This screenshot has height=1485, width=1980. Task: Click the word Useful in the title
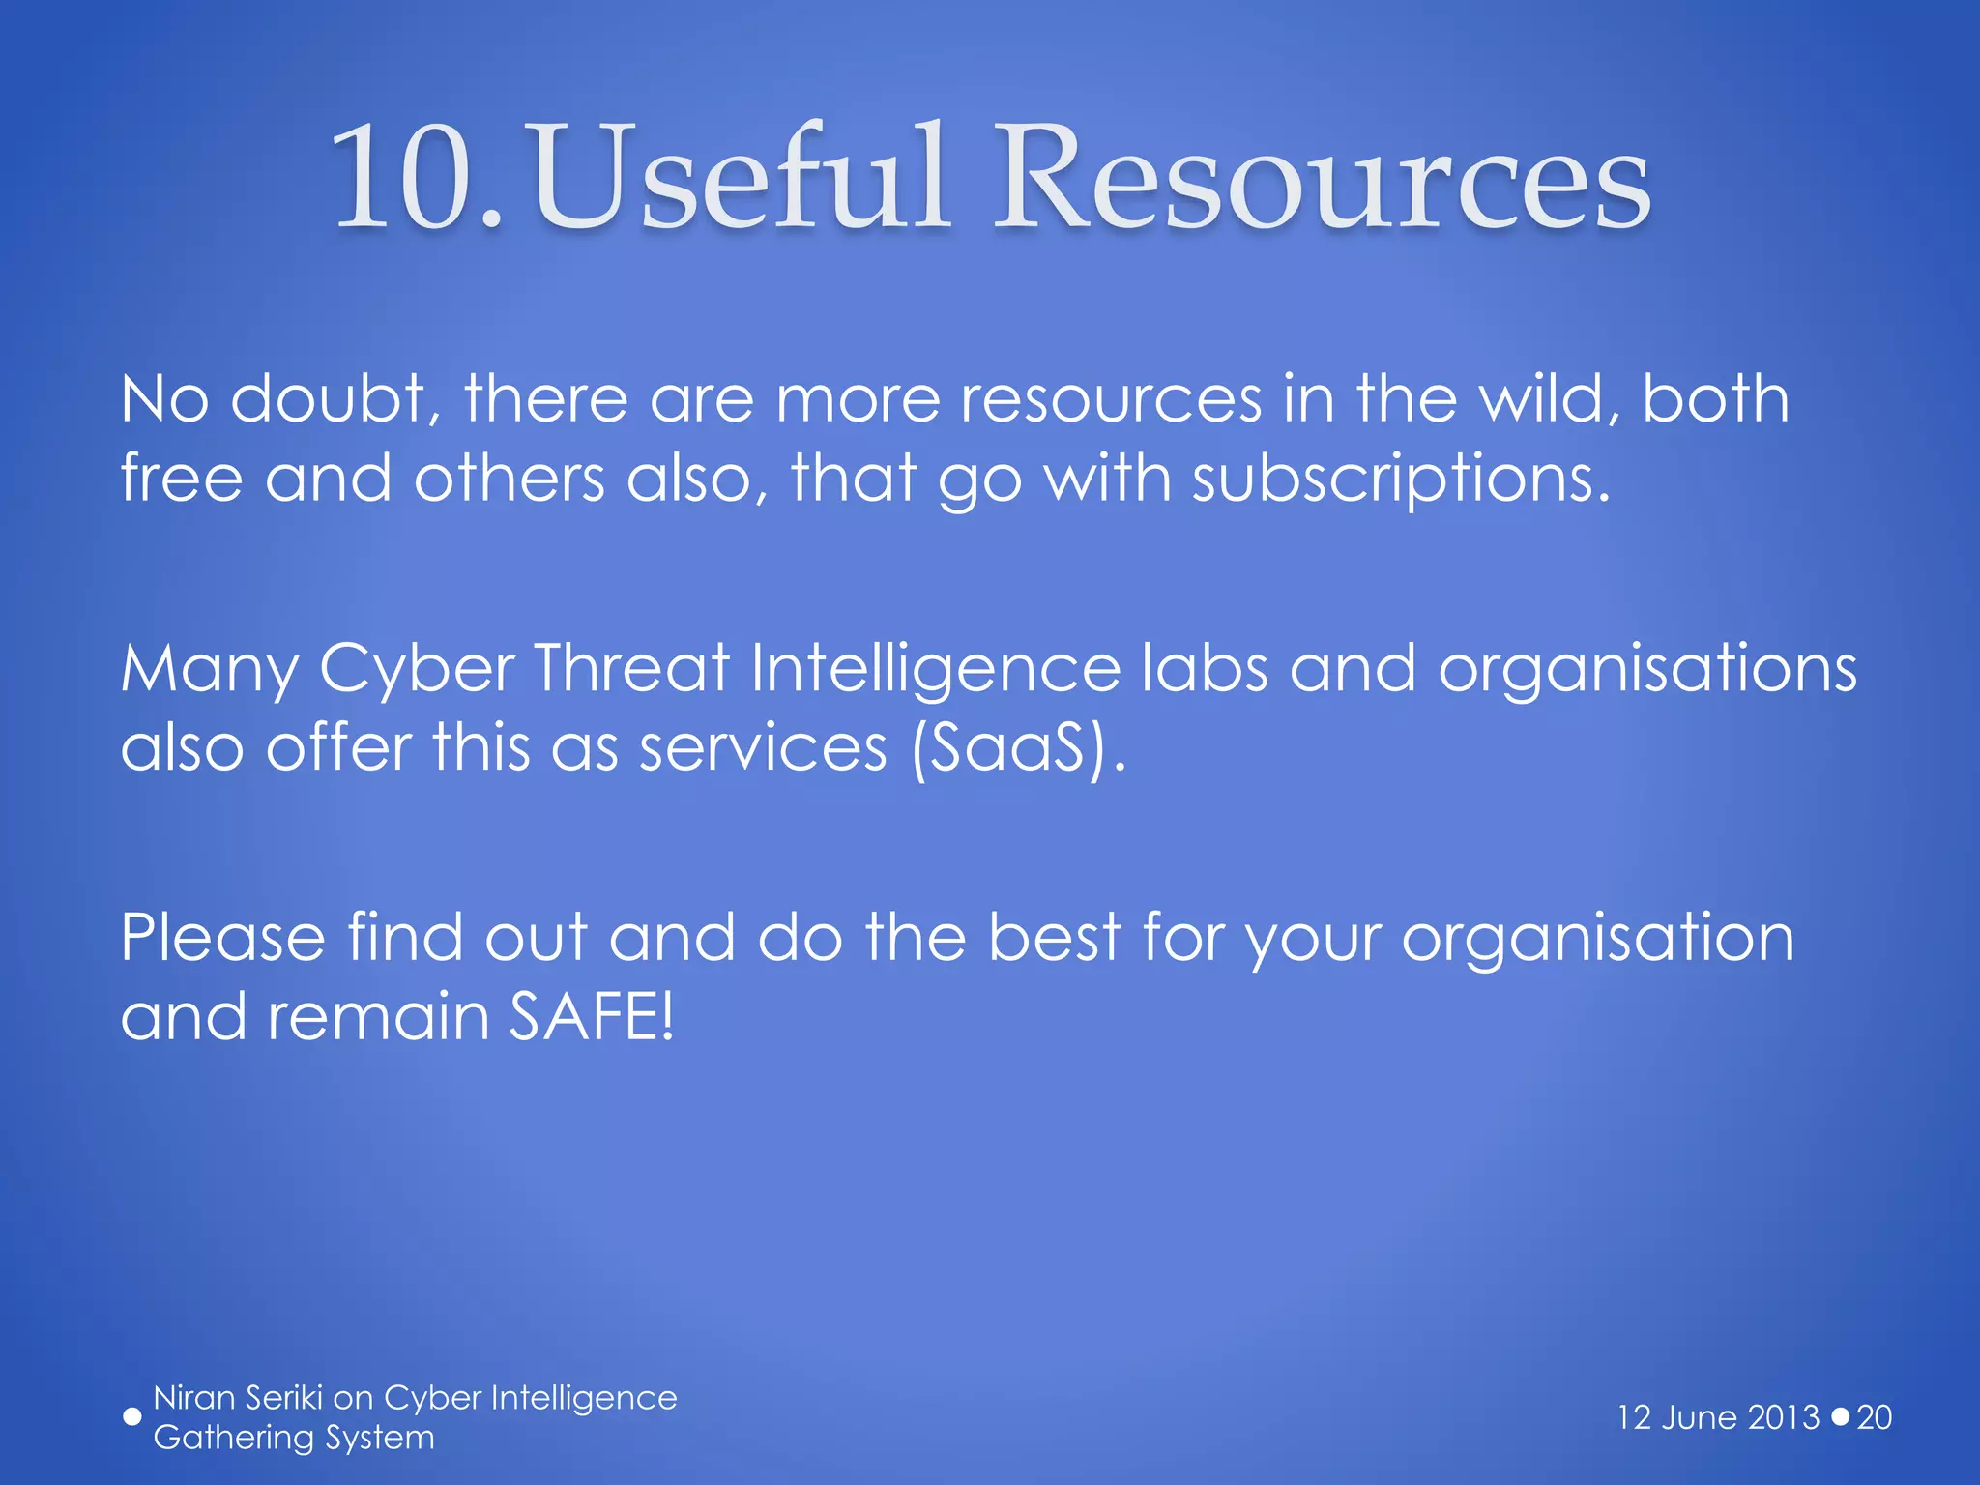[x=740, y=179]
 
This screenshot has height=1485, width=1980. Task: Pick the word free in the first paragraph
[x=182, y=479]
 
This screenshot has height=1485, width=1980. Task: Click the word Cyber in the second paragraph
[x=417, y=670]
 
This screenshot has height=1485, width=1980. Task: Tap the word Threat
[x=632, y=668]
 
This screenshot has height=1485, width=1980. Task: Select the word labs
[x=1204, y=668]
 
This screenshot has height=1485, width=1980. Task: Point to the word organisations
[x=1647, y=670]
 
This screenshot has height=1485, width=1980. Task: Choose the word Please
[x=223, y=938]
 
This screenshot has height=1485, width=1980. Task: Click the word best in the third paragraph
[x=1055, y=938]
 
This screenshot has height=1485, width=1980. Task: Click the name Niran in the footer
[x=194, y=1398]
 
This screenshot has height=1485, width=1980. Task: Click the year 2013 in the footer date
[x=1785, y=1417]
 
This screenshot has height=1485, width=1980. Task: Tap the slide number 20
[x=1874, y=1417]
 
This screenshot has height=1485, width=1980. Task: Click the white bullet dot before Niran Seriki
[x=132, y=1417]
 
